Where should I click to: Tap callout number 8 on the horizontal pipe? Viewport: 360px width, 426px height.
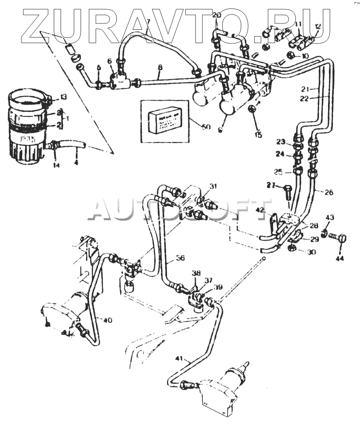point(160,67)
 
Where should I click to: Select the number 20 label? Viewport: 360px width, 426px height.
point(216,15)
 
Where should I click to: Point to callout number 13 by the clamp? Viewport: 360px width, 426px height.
point(63,98)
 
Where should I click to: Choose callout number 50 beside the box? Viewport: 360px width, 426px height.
point(206,127)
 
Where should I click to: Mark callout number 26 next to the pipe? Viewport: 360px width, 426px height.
point(328,193)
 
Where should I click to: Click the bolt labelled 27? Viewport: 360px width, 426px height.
point(287,191)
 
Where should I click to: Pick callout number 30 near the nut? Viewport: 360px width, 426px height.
point(312,252)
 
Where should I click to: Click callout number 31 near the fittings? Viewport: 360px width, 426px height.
point(213,186)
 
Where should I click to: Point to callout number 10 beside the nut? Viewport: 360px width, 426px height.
point(305,56)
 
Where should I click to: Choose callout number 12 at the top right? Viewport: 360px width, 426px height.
point(317,26)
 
